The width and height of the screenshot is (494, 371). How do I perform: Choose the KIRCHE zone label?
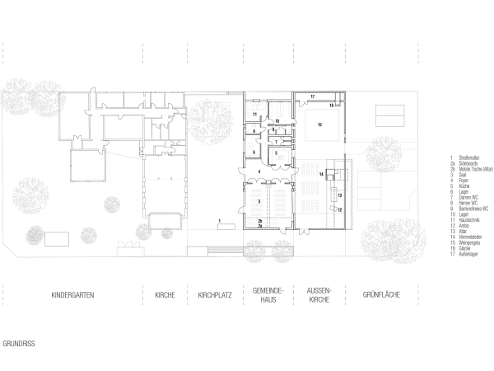[x=165, y=294]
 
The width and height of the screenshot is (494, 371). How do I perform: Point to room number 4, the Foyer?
[x=260, y=171]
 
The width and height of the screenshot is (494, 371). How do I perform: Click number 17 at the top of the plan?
[x=313, y=97]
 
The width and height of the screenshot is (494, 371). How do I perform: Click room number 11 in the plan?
[x=255, y=114]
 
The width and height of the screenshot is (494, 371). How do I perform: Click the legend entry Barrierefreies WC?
[x=473, y=209]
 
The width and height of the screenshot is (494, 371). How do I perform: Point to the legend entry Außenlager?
[x=468, y=254]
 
